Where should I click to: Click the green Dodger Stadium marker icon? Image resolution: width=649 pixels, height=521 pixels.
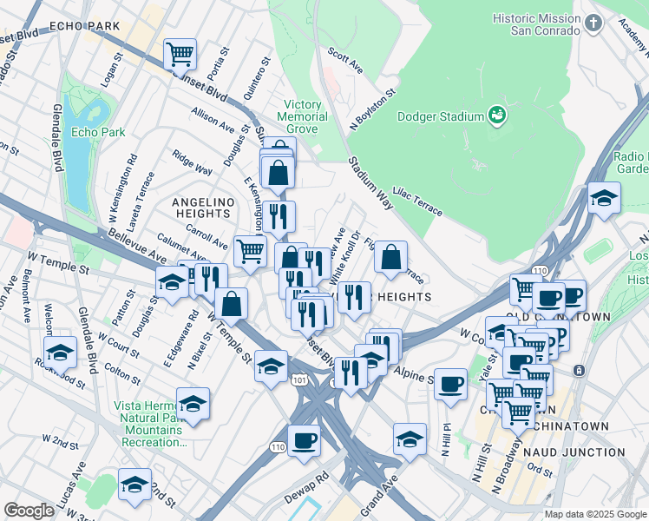497,115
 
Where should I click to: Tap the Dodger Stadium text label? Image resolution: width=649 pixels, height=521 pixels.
440,116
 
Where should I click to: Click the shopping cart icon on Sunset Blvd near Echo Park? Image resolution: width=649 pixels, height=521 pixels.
180,54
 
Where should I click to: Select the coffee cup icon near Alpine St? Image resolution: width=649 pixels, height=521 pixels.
449,384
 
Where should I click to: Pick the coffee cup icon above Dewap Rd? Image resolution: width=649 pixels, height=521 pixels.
303,441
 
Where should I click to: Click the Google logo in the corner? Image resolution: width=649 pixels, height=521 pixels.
29,510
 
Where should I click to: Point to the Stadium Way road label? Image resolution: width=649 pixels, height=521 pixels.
371,182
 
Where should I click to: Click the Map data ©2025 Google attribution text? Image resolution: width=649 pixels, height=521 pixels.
595,514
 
